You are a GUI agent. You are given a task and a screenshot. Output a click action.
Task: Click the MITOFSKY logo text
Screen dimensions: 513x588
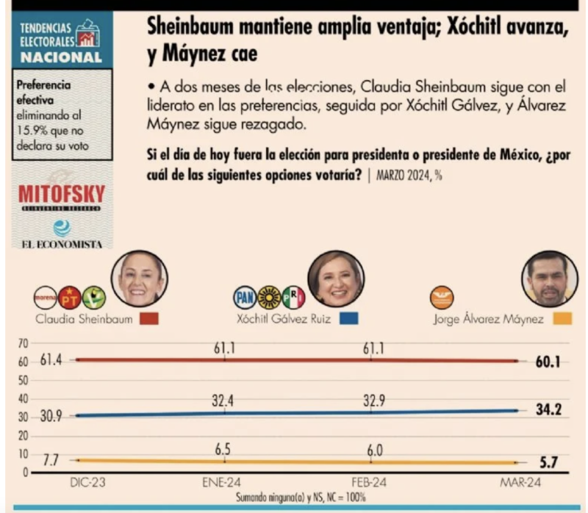tap(62, 195)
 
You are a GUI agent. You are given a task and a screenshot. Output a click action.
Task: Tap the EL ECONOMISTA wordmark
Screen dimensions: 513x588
tap(62, 244)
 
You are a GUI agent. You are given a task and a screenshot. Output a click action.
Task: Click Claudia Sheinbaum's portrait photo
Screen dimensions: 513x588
tap(139, 279)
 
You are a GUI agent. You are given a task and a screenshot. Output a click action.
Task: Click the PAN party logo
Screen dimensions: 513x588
tap(244, 297)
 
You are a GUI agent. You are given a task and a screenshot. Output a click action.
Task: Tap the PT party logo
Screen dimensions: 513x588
tap(69, 297)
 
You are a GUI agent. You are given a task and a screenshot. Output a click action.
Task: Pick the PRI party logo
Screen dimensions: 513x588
tap(293, 297)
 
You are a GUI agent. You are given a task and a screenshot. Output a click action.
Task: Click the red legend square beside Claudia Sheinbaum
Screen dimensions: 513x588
tap(148, 320)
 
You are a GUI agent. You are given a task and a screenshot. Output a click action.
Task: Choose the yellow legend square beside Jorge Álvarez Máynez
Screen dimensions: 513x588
tap(562, 320)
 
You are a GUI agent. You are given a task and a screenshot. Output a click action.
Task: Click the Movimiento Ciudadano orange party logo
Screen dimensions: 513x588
tap(442, 297)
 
